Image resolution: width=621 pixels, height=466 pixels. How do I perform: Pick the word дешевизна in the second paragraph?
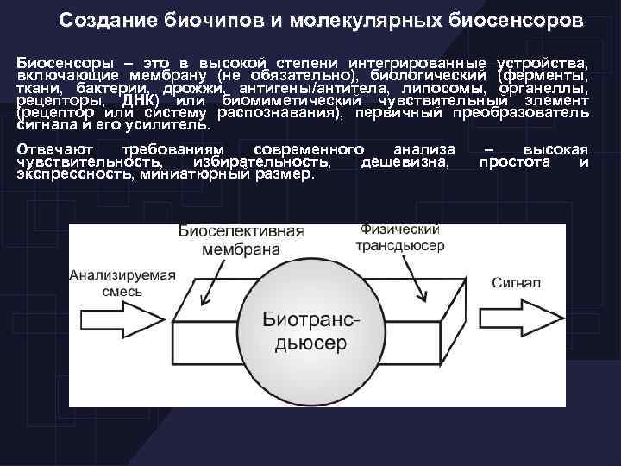point(405,161)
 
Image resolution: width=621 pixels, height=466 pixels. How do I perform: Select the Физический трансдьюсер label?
point(402,237)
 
